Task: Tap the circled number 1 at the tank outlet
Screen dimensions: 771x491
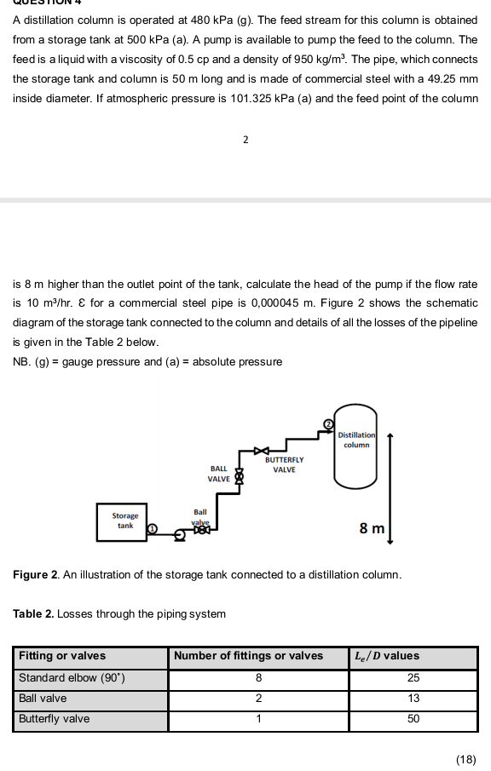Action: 153,529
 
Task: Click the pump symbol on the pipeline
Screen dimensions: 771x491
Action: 181,535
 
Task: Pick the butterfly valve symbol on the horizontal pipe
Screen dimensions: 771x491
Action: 263,449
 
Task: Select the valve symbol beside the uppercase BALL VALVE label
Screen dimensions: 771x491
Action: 239,475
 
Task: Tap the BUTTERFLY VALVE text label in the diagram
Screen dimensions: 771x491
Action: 284,464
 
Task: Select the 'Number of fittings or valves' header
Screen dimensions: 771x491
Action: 249,656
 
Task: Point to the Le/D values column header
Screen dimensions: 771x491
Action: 388,656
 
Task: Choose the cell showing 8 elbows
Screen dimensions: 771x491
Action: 258,678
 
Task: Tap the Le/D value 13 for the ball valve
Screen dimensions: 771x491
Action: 413,699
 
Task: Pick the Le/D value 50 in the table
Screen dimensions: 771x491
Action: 413,719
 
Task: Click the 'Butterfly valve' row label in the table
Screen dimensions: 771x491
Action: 55,719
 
